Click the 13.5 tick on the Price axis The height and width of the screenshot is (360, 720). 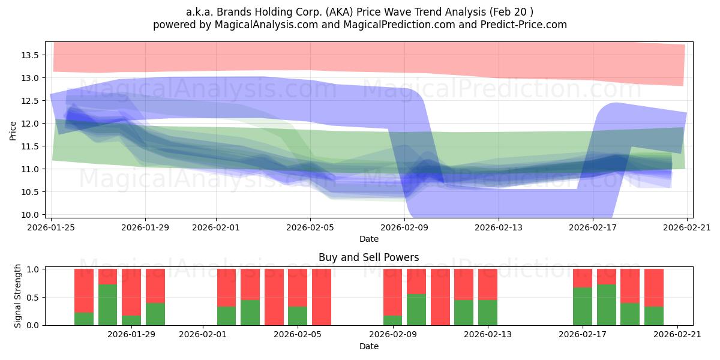click(30, 55)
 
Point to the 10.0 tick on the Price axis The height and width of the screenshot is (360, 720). click(30, 215)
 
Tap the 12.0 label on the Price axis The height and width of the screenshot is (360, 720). click(30, 124)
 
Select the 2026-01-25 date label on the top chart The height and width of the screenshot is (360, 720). click(51, 227)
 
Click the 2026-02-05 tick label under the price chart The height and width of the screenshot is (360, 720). click(310, 227)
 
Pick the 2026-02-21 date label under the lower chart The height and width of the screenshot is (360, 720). click(677, 334)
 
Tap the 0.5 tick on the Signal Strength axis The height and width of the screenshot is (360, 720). click(32, 298)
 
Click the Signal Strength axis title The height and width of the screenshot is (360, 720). click(17, 296)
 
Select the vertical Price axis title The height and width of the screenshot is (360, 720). click(13, 131)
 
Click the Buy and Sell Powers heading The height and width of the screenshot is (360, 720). click(368, 257)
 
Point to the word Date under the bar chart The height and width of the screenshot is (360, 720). click(368, 346)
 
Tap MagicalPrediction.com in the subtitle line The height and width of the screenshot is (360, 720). click(399, 25)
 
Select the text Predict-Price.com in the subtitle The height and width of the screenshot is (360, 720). click(524, 25)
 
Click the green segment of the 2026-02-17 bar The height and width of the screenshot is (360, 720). click(583, 307)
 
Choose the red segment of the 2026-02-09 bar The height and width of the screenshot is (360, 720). click(393, 292)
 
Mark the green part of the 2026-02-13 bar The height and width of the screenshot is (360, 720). click(488, 313)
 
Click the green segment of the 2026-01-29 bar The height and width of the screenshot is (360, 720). click(131, 320)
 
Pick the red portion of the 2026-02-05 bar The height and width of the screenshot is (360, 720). click(298, 287)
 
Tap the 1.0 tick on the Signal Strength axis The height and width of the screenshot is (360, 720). click(32, 269)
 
